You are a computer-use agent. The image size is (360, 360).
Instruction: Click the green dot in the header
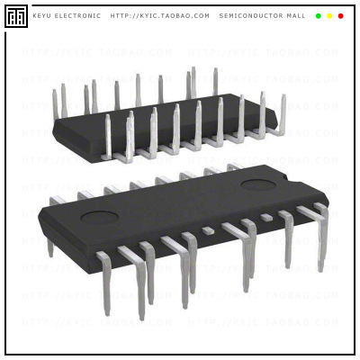tap(319, 15)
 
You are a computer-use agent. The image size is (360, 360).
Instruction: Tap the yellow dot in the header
tap(329, 15)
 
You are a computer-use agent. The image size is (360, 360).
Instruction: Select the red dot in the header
tap(340, 15)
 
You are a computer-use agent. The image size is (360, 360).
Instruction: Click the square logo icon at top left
tap(15, 15)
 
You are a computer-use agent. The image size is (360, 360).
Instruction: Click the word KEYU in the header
tap(42, 15)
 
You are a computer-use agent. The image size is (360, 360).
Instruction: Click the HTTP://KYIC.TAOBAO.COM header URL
tap(160, 15)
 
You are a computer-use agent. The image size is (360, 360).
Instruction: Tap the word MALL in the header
tap(295, 15)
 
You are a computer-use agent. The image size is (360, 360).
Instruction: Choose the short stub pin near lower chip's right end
tap(266, 218)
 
